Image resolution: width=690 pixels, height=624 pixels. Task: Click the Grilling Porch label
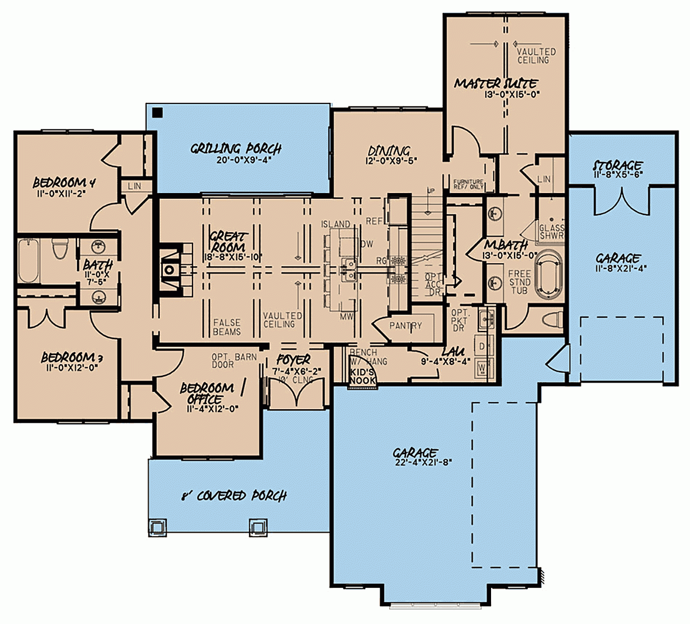coord(236,149)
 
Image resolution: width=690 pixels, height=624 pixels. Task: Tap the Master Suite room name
coord(496,84)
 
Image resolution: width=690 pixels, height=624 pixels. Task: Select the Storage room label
coord(618,166)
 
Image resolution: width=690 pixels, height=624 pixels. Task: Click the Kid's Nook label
coord(362,376)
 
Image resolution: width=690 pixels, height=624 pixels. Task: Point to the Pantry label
coord(405,326)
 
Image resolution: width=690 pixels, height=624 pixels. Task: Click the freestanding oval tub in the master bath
coord(549,274)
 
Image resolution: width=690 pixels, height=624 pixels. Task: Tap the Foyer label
coord(293,360)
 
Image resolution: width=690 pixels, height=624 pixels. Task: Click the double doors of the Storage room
coord(621,201)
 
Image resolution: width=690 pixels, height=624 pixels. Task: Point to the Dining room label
coord(389,152)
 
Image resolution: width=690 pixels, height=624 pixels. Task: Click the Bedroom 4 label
coord(64,183)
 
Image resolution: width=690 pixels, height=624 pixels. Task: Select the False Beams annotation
coord(227,328)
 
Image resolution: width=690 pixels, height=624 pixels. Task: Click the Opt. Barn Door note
coord(233,360)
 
